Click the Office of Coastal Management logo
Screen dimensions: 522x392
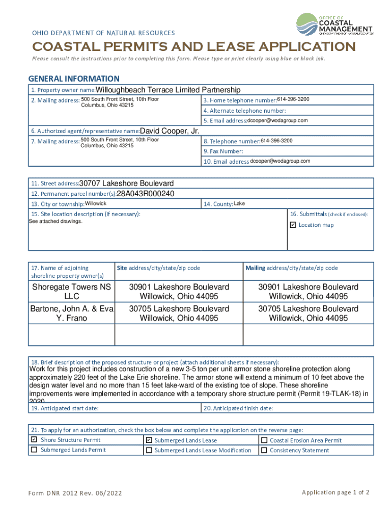pyautogui.click(x=334, y=24)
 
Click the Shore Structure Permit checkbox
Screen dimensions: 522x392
pyautogui.click(x=34, y=439)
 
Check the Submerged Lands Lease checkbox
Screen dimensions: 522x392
pyautogui.click(x=149, y=440)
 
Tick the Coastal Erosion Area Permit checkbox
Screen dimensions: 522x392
pyautogui.click(x=264, y=440)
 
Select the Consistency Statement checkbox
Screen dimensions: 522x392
pyautogui.click(x=264, y=450)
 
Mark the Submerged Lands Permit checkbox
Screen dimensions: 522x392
pyautogui.click(x=34, y=450)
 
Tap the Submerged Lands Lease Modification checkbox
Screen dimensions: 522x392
pyautogui.click(x=149, y=450)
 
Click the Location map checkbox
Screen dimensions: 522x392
pyautogui.click(x=293, y=225)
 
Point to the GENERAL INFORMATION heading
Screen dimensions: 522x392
pyautogui.click(x=73, y=79)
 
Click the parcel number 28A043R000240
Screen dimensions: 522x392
pyautogui.click(x=146, y=194)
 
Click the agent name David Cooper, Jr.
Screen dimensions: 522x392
pyautogui.click(x=169, y=131)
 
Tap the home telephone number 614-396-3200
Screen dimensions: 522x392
pyautogui.click(x=293, y=99)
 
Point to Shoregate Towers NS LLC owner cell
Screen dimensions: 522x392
pyautogui.click(x=71, y=292)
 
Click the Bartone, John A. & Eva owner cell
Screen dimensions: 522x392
pyautogui.click(x=71, y=313)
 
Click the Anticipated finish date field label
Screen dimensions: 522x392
pyautogui.click(x=238, y=408)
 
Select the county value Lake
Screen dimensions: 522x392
pyautogui.click(x=239, y=204)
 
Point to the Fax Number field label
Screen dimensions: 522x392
pyautogui.click(x=223, y=151)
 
